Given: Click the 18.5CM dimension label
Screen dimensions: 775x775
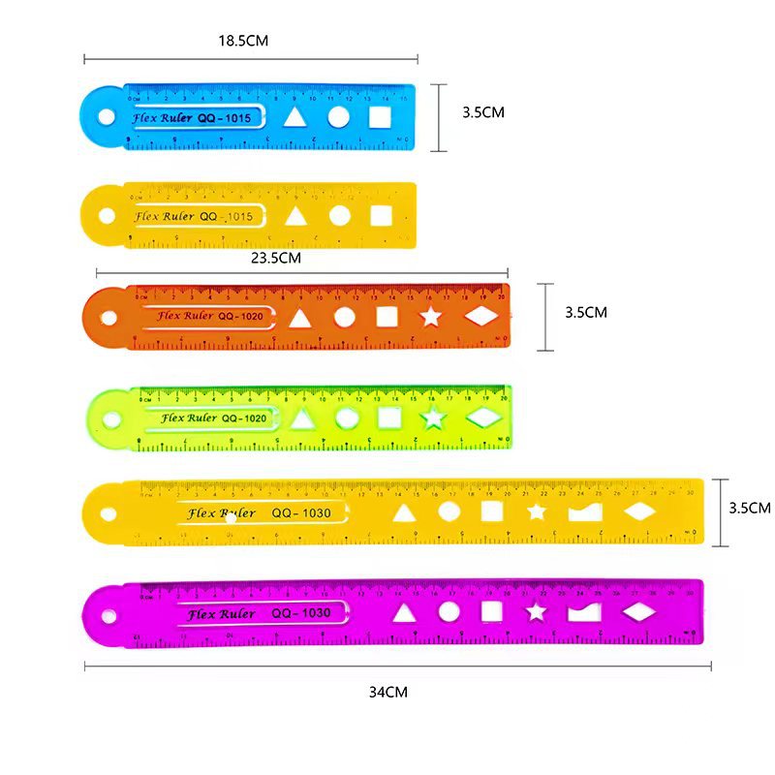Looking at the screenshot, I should [x=242, y=41].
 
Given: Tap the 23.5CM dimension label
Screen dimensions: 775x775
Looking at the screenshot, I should [x=276, y=258].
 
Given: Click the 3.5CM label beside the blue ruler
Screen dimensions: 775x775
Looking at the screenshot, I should [x=483, y=112].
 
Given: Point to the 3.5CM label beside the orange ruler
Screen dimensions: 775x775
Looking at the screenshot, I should [x=585, y=312].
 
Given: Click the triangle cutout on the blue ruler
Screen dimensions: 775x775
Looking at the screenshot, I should [x=294, y=118].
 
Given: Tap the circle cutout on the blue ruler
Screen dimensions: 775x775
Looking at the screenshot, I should [x=338, y=118].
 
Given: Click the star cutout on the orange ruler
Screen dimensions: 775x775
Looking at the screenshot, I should [x=430, y=317].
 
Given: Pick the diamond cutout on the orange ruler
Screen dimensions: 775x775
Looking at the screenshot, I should [x=481, y=317].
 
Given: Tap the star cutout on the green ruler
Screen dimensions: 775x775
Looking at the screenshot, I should [x=433, y=418].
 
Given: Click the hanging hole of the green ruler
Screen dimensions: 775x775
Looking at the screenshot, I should [x=110, y=419].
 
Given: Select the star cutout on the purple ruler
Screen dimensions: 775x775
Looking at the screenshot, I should [x=536, y=611].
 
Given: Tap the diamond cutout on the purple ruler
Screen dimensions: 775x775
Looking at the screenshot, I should [x=638, y=611].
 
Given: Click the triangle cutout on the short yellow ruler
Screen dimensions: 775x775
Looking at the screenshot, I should [x=294, y=216].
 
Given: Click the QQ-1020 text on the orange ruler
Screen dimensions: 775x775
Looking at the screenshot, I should [x=241, y=316].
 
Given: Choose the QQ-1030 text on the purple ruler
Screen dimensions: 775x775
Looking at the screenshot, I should [x=301, y=613].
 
